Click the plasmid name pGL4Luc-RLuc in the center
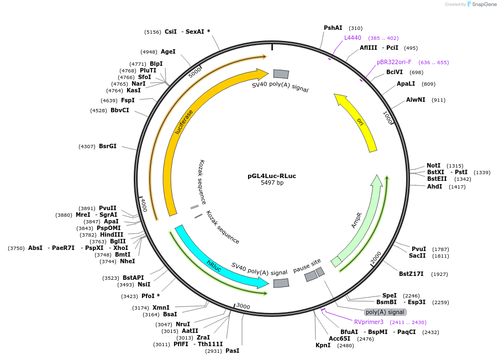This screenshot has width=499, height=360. coord(271,176)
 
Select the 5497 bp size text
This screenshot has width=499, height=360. coord(272,183)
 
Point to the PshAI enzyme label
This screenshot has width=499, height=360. coord(333,28)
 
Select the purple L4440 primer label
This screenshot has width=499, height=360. coord(353,38)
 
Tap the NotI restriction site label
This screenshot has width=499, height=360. coord(433,165)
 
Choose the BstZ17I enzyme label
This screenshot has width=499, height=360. coord(411,274)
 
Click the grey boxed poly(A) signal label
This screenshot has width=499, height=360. coord(385,312)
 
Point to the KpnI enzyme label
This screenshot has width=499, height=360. coord(323,345)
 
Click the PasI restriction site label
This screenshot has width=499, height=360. coord(232,351)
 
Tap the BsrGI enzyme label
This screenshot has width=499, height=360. coord(107,146)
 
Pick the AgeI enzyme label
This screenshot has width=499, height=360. coord(168,51)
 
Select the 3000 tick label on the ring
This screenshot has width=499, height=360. coord(243,306)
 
